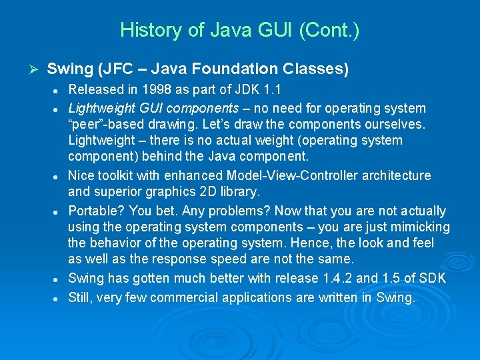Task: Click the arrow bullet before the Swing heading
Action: (x=36, y=69)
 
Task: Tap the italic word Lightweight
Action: (x=99, y=108)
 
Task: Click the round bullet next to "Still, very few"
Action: (x=59, y=298)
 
